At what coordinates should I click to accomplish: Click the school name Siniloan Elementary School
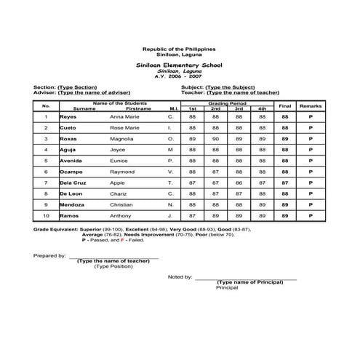click(x=179, y=65)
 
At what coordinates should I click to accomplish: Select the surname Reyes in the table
click(x=68, y=116)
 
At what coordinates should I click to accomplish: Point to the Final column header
click(x=285, y=106)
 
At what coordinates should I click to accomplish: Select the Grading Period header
click(x=228, y=103)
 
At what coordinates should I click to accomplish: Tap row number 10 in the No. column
click(x=46, y=216)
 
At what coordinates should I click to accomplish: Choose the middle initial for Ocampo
click(x=170, y=172)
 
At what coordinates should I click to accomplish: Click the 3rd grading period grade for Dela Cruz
click(x=239, y=183)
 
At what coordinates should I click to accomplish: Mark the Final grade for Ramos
click(x=285, y=216)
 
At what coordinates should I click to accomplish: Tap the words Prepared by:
click(x=49, y=257)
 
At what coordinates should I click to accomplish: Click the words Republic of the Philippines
click(x=179, y=48)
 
